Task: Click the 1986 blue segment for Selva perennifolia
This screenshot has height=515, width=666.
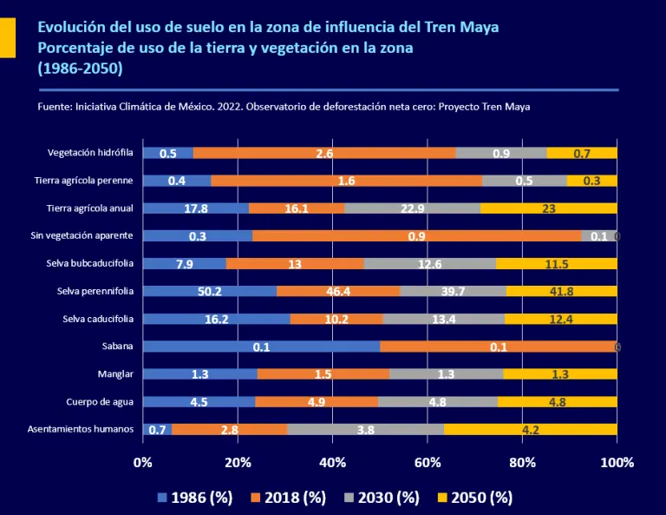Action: coord(209,291)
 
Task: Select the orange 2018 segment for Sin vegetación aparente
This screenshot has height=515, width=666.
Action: coord(416,235)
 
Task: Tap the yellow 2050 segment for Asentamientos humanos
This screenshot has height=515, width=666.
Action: coord(530,429)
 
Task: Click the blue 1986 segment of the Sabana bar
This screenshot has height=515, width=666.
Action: coord(260,347)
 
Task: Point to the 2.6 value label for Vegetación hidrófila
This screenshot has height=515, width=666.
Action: coord(325,153)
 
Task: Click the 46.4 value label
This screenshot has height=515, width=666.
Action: coord(338,291)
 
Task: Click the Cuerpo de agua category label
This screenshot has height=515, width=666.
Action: coord(100,401)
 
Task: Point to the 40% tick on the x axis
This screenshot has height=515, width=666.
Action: coord(332,462)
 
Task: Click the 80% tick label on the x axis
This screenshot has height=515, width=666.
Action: coord(522,462)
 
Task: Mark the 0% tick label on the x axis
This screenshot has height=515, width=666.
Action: coord(142,462)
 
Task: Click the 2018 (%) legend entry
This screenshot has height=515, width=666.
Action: coord(289,498)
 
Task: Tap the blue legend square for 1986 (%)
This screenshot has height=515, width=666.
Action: coord(161,498)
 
